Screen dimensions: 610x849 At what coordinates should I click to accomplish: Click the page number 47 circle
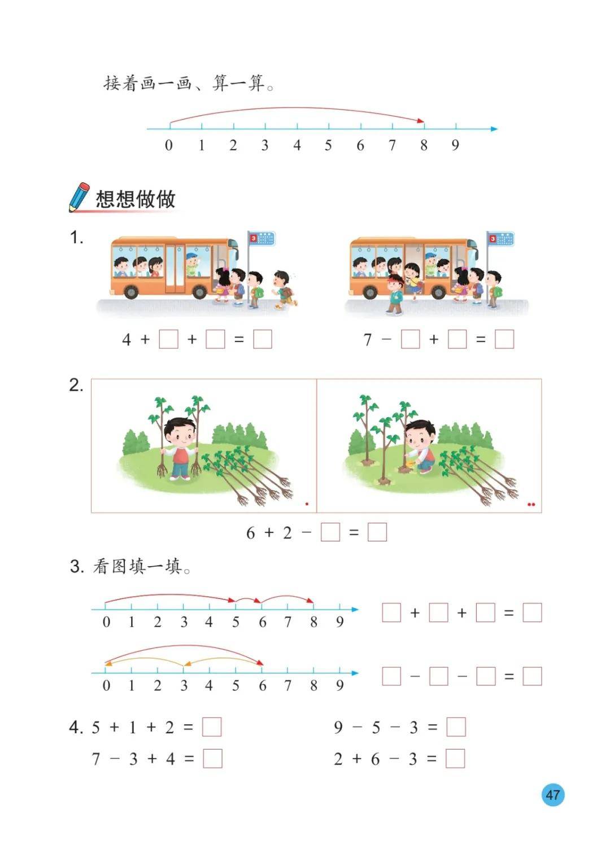(x=552, y=794)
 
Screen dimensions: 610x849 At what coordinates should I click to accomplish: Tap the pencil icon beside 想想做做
(x=79, y=197)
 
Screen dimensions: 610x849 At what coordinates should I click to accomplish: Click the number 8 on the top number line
(x=424, y=145)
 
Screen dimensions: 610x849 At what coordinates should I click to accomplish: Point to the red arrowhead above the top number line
(x=420, y=121)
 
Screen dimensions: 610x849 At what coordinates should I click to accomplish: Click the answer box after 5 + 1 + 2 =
(x=212, y=727)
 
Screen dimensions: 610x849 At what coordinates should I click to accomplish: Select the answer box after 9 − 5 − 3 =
(x=456, y=727)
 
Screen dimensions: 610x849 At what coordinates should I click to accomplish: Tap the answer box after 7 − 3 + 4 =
(x=212, y=759)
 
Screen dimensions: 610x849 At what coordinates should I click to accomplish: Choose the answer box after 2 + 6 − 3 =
(x=455, y=759)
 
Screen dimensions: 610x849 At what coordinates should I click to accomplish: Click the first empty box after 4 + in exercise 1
(x=168, y=339)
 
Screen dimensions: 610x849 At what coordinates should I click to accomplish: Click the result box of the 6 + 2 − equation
(x=377, y=532)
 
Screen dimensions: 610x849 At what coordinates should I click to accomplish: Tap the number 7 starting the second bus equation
(x=367, y=340)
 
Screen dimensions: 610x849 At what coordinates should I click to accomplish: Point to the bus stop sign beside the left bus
(x=261, y=239)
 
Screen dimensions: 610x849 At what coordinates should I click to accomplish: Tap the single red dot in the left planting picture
(x=307, y=504)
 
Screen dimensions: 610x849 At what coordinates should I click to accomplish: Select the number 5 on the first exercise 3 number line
(x=236, y=622)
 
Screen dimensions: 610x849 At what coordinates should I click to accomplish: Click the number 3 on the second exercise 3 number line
(x=184, y=685)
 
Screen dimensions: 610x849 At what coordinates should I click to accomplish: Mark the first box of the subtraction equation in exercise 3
(x=391, y=676)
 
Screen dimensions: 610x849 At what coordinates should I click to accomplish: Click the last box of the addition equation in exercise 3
(x=532, y=612)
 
